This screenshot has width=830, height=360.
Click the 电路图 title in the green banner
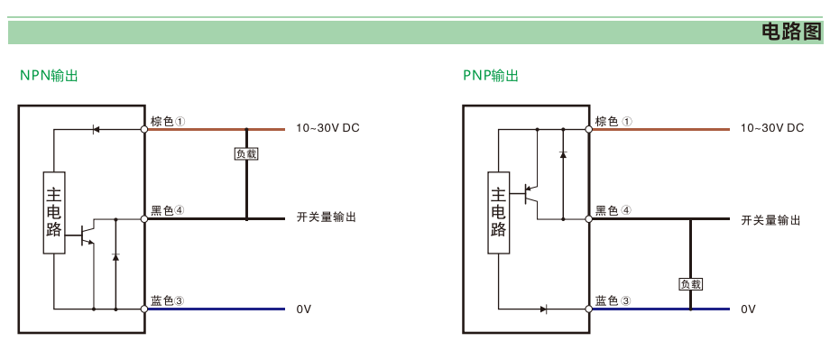pyautogui.click(x=791, y=32)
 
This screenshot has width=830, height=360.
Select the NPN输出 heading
pyautogui.click(x=49, y=76)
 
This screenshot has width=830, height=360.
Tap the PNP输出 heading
pyautogui.click(x=491, y=76)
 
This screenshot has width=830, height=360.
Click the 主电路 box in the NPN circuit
pyautogui.click(x=54, y=213)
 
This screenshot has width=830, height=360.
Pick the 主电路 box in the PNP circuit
pyautogui.click(x=499, y=213)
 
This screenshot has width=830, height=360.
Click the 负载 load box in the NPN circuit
pyautogui.click(x=246, y=154)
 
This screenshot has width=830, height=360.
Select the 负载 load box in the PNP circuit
pyautogui.click(x=690, y=284)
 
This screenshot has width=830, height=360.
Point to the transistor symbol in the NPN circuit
pyautogui.click(x=87, y=234)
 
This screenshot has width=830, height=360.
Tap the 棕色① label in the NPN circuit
pyautogui.click(x=168, y=121)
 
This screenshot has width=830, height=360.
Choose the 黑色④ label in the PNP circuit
pyautogui.click(x=613, y=211)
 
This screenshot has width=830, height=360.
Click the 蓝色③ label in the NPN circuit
pyautogui.click(x=168, y=300)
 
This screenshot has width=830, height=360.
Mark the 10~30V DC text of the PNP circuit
pyautogui.click(x=771, y=127)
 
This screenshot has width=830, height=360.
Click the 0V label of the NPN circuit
pyautogui.click(x=304, y=309)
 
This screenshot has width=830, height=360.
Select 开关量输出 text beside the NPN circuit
pyautogui.click(x=326, y=217)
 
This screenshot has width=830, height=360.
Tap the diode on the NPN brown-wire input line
pyautogui.click(x=96, y=129)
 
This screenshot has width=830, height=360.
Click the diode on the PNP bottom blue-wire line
pyautogui.click(x=544, y=309)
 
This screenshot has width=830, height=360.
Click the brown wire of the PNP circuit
pyautogui.click(x=660, y=129)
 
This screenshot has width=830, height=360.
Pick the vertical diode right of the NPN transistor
pyautogui.click(x=115, y=257)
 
